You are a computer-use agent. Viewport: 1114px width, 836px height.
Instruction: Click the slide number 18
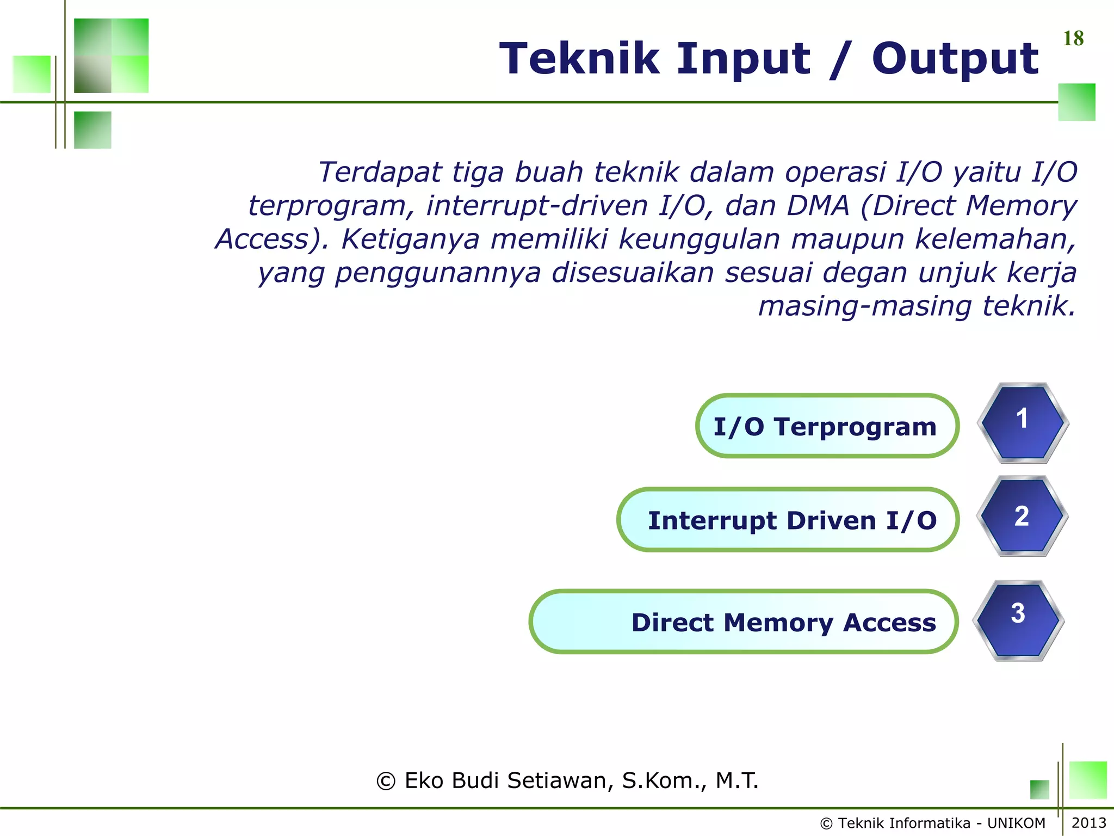click(x=1073, y=39)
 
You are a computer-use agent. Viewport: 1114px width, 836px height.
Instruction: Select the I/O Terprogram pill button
click(x=827, y=426)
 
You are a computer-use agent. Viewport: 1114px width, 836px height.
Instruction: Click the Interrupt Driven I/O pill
click(x=788, y=520)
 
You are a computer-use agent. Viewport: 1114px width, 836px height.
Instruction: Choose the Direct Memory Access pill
click(x=743, y=622)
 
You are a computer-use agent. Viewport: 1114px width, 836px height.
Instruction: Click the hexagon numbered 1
click(x=1023, y=422)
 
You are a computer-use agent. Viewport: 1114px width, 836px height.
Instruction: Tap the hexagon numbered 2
click(x=1022, y=516)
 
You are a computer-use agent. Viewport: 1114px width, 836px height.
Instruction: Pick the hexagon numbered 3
click(x=1018, y=620)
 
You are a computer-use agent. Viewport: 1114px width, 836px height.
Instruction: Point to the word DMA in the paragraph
click(x=818, y=206)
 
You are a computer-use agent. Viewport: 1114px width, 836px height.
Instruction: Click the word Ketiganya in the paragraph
click(x=411, y=239)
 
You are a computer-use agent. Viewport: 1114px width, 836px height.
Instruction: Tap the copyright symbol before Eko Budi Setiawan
click(x=386, y=782)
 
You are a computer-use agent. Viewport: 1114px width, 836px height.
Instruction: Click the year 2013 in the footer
click(x=1088, y=823)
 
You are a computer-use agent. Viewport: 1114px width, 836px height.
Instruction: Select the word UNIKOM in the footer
click(x=1016, y=823)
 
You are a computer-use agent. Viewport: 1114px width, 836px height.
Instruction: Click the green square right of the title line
click(x=1076, y=102)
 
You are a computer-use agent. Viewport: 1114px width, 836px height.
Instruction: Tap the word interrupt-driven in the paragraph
click(x=536, y=206)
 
